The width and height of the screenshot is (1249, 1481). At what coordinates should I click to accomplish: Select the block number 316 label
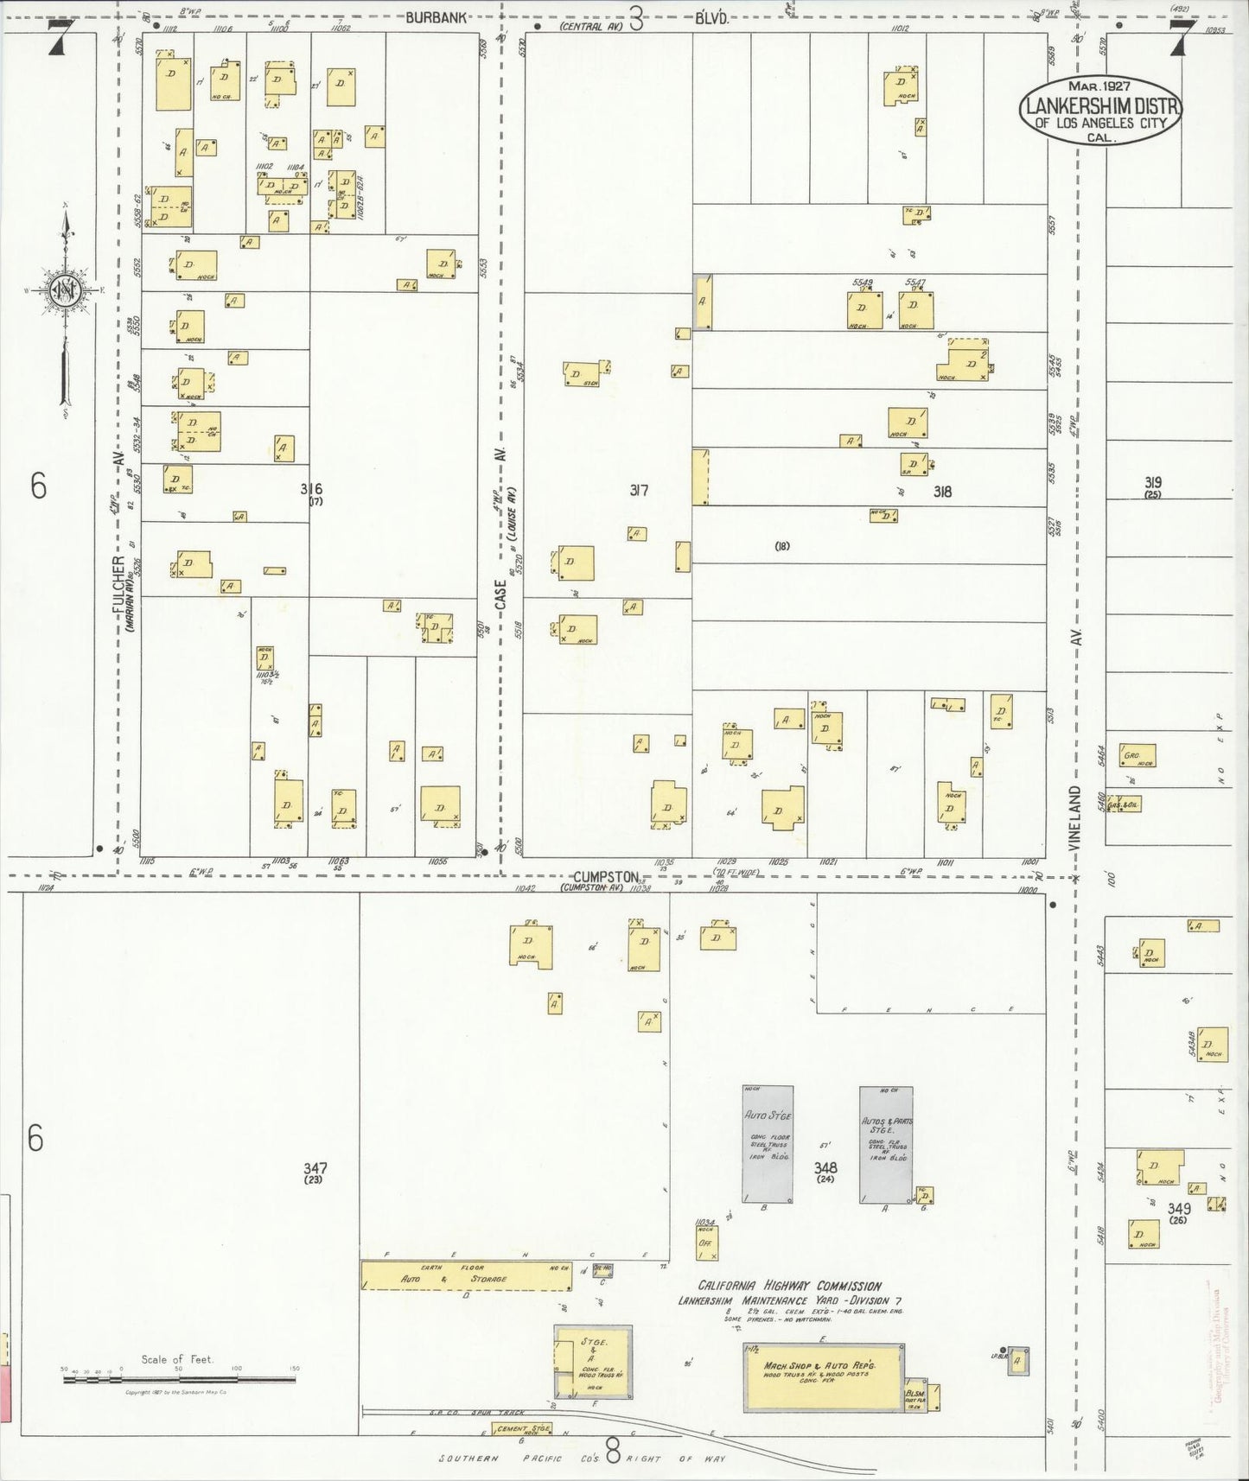tap(311, 489)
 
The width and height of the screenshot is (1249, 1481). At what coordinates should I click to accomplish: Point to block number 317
tap(639, 491)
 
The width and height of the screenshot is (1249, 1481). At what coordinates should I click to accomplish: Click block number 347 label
tap(315, 1167)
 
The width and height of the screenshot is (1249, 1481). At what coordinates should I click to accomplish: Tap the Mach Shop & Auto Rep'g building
tap(820, 1367)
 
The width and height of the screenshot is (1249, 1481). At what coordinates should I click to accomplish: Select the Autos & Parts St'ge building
tap(886, 1144)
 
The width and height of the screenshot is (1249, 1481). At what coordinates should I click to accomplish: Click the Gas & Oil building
tap(1125, 805)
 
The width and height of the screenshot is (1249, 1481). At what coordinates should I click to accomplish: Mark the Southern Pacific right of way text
tap(582, 1459)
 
